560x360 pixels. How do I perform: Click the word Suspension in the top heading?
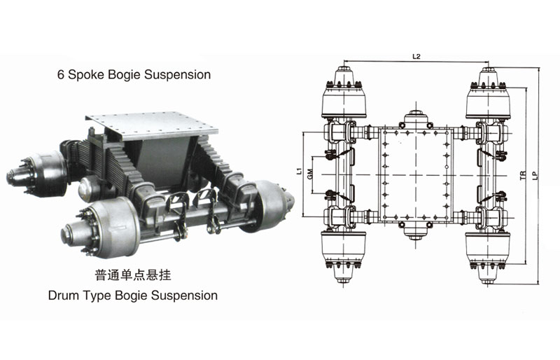178,74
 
